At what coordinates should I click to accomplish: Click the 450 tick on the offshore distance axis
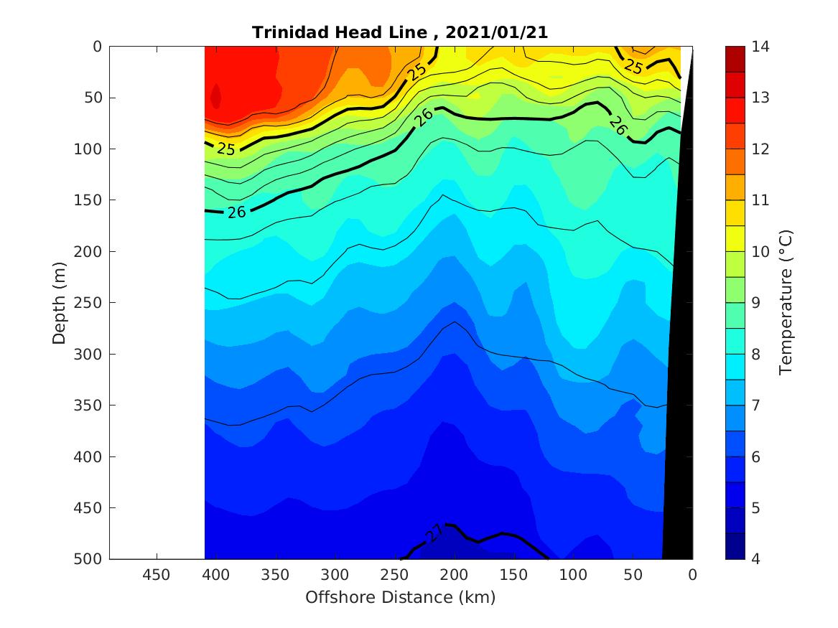[157, 575]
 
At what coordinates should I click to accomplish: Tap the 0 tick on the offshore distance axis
[692, 575]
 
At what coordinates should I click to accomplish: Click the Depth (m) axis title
[60, 303]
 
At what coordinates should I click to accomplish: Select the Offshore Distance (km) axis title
[401, 597]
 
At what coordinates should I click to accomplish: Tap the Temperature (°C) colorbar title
[785, 303]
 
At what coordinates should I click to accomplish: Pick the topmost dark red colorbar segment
[735, 59]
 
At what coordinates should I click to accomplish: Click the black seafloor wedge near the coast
[678, 431]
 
